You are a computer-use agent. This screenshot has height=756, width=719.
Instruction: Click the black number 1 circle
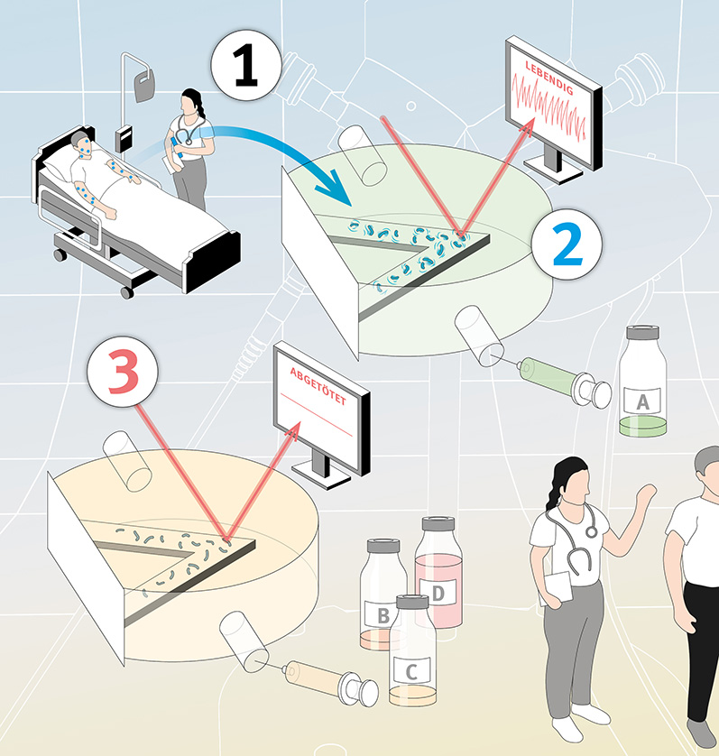(x=246, y=65)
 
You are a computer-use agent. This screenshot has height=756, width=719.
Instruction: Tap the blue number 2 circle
(x=567, y=244)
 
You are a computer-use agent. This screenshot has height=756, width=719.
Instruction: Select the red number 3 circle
(x=123, y=372)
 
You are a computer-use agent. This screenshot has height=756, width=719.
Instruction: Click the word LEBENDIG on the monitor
(x=549, y=78)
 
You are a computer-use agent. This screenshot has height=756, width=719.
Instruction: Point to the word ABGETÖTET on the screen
(x=318, y=386)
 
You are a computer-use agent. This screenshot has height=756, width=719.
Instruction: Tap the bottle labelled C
(x=412, y=650)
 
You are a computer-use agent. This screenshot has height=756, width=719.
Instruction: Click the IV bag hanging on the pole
(x=144, y=86)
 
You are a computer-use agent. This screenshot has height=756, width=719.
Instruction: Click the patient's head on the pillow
(x=81, y=143)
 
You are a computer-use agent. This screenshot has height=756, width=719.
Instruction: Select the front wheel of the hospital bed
(x=127, y=292)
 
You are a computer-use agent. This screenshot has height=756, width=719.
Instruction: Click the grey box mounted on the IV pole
(x=124, y=139)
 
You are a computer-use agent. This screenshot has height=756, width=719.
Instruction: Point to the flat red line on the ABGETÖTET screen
(x=317, y=415)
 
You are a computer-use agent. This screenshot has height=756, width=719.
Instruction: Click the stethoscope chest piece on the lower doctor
(x=591, y=531)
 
